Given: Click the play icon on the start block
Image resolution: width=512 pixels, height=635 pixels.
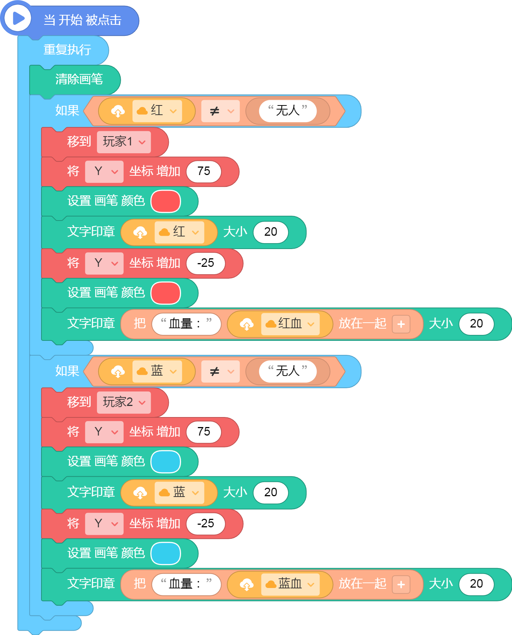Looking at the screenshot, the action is [x=17, y=18].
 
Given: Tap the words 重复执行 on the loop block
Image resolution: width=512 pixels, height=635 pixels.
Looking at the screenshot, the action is [x=67, y=50].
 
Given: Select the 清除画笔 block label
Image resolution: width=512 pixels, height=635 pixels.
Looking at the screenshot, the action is [x=79, y=79].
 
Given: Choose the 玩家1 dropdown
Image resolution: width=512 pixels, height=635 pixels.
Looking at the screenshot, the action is [x=124, y=142].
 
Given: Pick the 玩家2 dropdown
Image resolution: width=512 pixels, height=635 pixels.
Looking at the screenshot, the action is [x=124, y=403].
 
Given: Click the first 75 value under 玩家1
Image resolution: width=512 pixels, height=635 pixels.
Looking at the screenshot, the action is [x=204, y=172].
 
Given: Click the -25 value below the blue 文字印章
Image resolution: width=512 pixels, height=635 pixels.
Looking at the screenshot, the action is [x=205, y=524].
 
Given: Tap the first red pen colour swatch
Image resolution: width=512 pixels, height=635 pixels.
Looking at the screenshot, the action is [x=166, y=201].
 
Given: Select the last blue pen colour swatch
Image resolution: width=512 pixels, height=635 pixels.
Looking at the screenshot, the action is [x=166, y=554].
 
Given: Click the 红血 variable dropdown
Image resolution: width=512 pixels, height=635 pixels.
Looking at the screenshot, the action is [x=290, y=324].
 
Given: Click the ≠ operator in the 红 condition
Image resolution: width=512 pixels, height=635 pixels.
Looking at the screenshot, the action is [x=220, y=111].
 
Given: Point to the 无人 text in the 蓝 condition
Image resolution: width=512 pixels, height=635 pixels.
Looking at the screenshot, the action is [x=288, y=371].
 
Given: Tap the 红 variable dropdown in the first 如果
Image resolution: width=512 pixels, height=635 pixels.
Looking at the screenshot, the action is [x=157, y=111].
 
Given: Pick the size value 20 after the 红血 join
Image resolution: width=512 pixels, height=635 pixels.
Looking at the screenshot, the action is [x=476, y=324].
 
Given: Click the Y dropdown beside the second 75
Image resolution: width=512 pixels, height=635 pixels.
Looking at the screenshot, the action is [x=104, y=432].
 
